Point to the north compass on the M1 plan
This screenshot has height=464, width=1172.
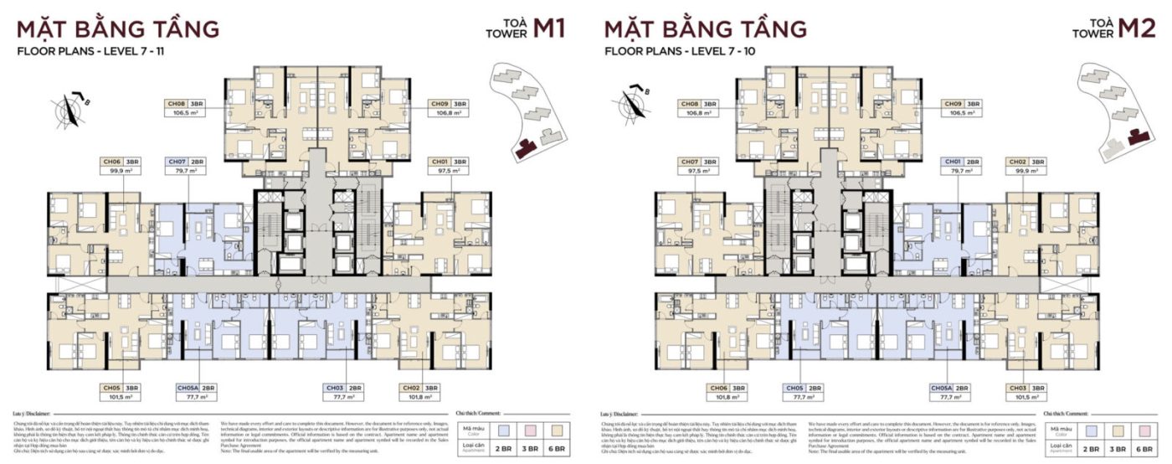click(69, 109)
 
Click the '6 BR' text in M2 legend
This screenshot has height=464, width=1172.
click(1142, 450)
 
